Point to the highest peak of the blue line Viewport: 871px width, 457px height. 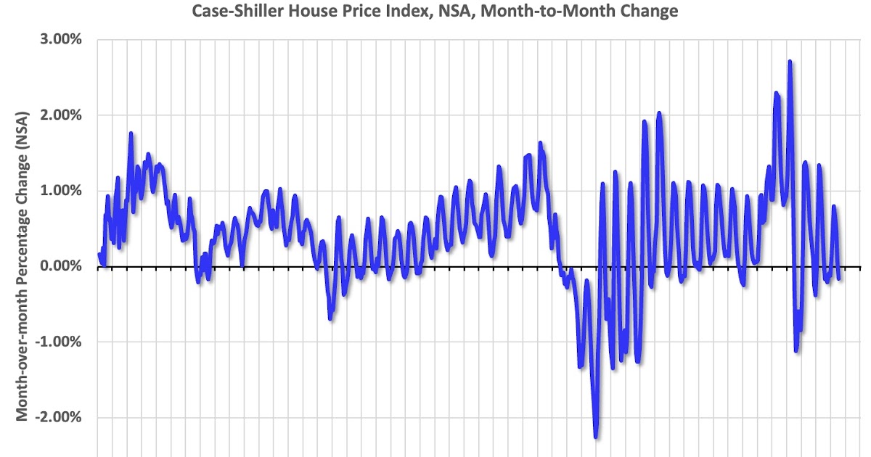(x=790, y=62)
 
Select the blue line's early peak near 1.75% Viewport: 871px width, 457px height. (x=131, y=133)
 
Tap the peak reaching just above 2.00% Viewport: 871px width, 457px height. (x=659, y=113)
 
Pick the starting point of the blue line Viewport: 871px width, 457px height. (x=99, y=254)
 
